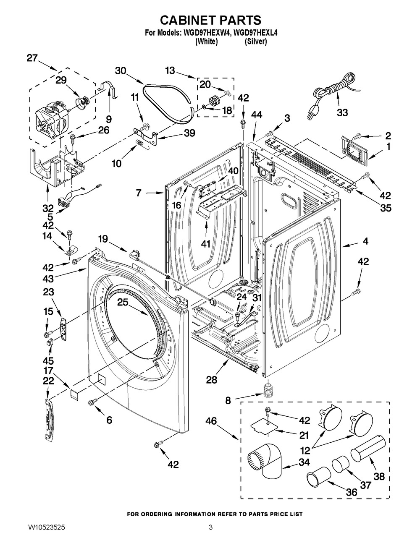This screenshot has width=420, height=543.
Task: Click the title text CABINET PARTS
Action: tap(211, 20)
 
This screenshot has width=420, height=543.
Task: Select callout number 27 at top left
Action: tap(32, 58)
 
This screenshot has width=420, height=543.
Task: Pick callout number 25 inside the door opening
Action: tap(122, 302)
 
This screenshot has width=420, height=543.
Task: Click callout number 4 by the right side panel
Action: tap(365, 241)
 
